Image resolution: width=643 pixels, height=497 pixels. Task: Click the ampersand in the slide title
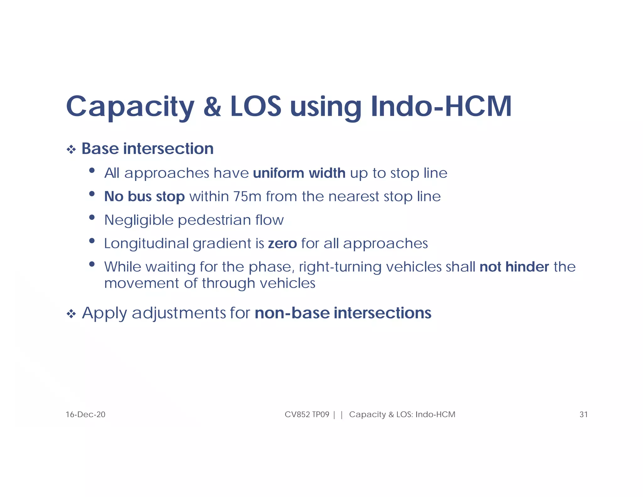point(212,106)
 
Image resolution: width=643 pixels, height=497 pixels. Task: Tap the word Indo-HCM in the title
point(441,106)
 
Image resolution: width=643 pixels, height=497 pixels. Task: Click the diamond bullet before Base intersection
point(71,150)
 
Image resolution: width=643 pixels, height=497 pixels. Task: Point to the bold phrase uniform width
point(299,173)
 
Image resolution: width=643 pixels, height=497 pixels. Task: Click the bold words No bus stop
point(144,197)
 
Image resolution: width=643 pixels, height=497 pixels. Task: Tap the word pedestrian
point(214,220)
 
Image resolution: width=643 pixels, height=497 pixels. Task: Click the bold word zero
point(283,243)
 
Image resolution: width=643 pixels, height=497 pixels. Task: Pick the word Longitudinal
point(146,243)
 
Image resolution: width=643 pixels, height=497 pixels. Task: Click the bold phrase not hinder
point(514,267)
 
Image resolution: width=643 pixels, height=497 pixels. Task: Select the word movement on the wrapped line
point(142,283)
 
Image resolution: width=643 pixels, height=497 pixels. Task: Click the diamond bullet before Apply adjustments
point(71,314)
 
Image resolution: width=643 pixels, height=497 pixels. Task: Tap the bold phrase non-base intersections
point(343,313)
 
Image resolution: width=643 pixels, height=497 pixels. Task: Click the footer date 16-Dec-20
point(85,415)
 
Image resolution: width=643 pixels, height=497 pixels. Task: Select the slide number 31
point(583,415)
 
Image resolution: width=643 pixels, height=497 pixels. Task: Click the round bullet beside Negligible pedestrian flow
point(92,217)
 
